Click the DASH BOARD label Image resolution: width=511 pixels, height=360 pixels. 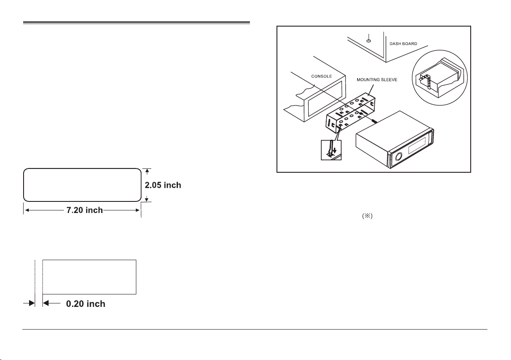coord(403,44)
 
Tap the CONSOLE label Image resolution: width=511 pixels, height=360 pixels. coord(322,76)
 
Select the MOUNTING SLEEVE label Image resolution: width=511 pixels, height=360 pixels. coord(377,79)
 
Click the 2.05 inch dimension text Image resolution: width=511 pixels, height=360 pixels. coord(163,185)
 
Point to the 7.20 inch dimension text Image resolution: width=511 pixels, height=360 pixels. coord(85,210)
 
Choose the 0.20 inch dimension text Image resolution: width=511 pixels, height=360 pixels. coord(86,303)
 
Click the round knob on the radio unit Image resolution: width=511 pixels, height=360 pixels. coord(398,157)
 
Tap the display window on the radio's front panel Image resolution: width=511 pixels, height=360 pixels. coord(417,145)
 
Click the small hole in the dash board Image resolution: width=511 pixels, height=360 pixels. coord(369,41)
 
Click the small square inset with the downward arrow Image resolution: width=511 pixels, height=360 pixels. coord(331,150)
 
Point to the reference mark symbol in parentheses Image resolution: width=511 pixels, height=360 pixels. coord(367,216)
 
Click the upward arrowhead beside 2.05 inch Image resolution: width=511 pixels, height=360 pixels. coord(147,171)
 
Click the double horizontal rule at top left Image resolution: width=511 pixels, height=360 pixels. coord(136,23)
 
